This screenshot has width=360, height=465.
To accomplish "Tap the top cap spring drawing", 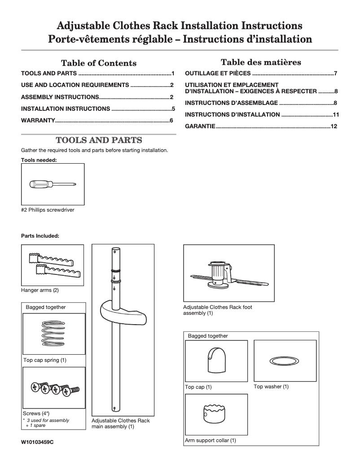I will pos(53,334).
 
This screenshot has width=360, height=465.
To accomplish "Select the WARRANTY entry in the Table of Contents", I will pos(38,121).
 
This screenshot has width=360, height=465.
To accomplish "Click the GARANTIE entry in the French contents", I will pos(200,126).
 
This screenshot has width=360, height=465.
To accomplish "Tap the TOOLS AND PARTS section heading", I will pos(98,140).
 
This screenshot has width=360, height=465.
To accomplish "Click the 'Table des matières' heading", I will pos(260,62).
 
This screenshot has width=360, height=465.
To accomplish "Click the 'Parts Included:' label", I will pos(40,235).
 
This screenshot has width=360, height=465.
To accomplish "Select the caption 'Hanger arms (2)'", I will pos(40,290).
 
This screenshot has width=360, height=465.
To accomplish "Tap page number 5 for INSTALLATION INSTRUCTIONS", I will pos(173,109).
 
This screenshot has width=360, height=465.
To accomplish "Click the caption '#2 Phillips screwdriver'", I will pos(48,210).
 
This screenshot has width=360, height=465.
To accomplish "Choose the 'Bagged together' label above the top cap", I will pos(208,336).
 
